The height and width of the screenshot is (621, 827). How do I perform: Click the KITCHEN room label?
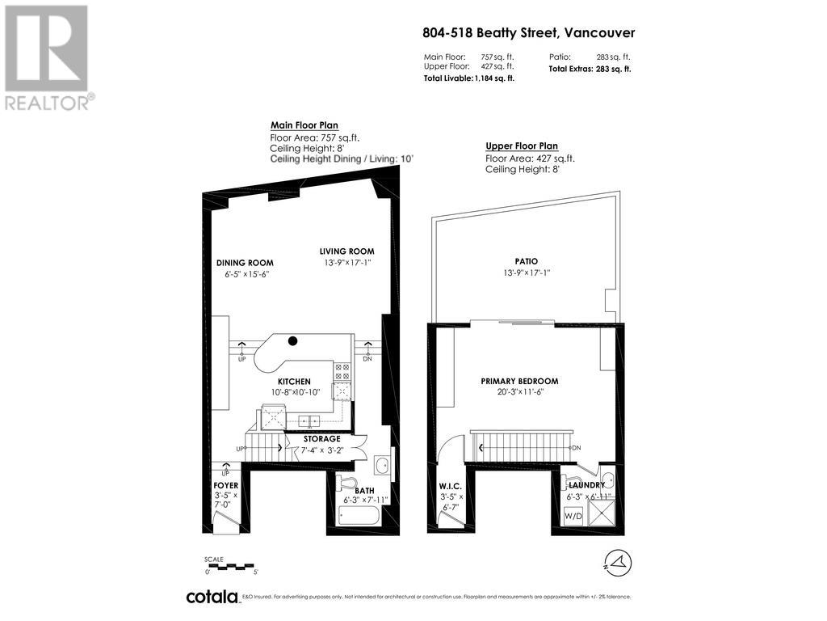[x=294, y=380]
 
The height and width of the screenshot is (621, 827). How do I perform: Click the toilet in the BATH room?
[x=347, y=484]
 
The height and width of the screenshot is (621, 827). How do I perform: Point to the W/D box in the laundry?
[x=573, y=515]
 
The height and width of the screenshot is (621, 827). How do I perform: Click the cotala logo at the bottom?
[x=212, y=597]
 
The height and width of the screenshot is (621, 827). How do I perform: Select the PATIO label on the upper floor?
[x=526, y=261]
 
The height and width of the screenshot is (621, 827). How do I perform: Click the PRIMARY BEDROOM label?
[x=519, y=381]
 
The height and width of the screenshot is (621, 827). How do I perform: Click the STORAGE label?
[x=321, y=438]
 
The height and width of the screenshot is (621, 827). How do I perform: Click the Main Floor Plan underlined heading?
[x=304, y=125]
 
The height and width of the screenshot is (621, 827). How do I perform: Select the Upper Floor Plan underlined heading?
[x=521, y=146]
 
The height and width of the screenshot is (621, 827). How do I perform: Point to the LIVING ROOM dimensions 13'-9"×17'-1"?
[x=346, y=263]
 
